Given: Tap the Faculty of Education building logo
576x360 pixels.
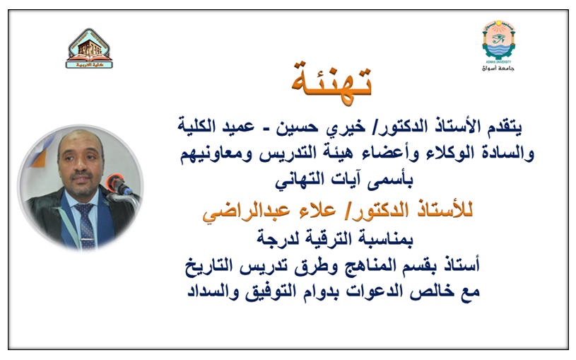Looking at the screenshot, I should pyautogui.click(x=90, y=48).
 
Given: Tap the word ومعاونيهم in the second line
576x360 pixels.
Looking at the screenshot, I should pyautogui.click(x=218, y=151).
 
